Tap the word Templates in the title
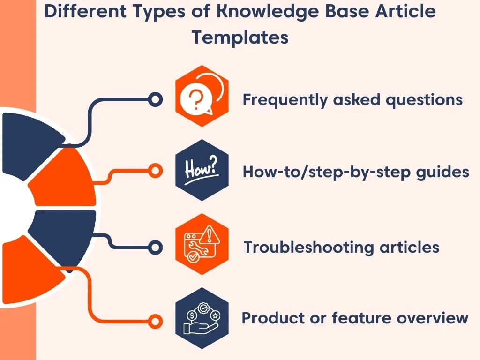tap(240, 37)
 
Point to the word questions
tap(425, 100)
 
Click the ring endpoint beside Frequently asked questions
tap(155, 99)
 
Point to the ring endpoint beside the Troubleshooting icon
tap(155, 246)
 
